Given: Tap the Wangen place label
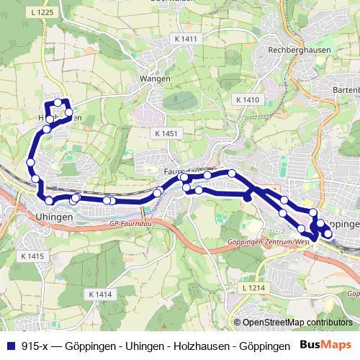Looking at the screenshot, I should (x=156, y=78).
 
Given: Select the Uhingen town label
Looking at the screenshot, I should (x=54, y=217).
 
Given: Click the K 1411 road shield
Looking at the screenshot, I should (x=185, y=38).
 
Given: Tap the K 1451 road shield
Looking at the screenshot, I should (x=165, y=134).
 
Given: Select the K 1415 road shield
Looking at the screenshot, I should (x=32, y=256).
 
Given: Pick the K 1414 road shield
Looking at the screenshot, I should (x=101, y=294).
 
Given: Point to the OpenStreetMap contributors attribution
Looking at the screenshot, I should (x=295, y=322).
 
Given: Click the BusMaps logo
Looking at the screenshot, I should (x=327, y=346).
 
